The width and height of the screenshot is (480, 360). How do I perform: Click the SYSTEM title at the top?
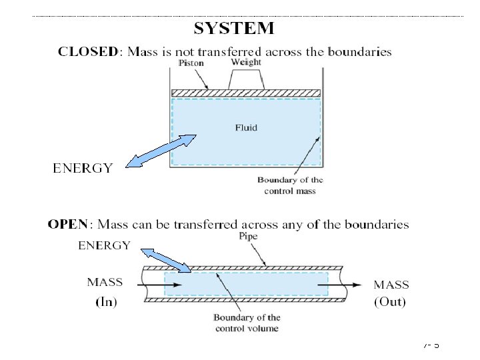point(233,28)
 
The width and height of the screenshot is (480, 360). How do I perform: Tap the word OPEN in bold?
point(67,225)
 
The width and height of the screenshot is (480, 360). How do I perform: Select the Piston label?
point(191,63)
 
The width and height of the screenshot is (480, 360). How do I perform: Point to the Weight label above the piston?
point(245,62)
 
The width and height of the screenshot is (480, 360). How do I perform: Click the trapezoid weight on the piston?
point(246,80)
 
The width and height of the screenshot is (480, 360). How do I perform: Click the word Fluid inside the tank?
point(246,127)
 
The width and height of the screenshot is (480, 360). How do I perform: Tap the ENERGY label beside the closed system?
point(83,168)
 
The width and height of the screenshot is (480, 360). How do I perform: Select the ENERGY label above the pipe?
point(104,245)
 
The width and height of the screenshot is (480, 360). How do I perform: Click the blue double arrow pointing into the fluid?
point(161,151)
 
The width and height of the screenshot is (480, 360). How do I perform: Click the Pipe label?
point(247,237)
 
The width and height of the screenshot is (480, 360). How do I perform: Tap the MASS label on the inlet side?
point(105,283)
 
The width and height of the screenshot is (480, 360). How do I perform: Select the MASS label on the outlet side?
point(391,285)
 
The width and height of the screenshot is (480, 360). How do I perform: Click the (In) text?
point(105,302)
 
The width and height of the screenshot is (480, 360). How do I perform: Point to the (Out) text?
point(391,302)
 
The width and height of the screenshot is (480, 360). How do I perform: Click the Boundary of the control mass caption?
point(290,185)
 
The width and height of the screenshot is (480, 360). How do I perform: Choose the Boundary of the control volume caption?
point(247,323)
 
